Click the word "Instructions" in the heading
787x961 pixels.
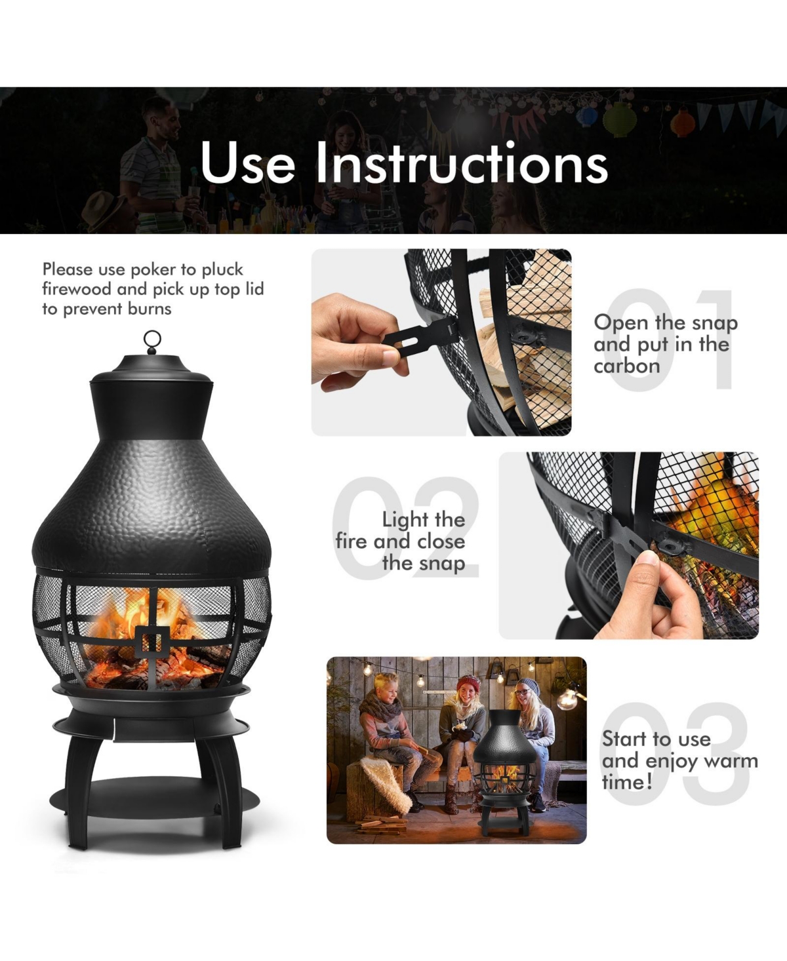click(x=462, y=162)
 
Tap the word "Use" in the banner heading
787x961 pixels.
click(x=247, y=162)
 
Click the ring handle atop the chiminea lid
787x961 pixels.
click(x=152, y=340)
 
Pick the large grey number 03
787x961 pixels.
click(x=676, y=754)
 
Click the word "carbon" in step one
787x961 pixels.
click(x=626, y=366)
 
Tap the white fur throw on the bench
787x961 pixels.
click(x=384, y=779)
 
